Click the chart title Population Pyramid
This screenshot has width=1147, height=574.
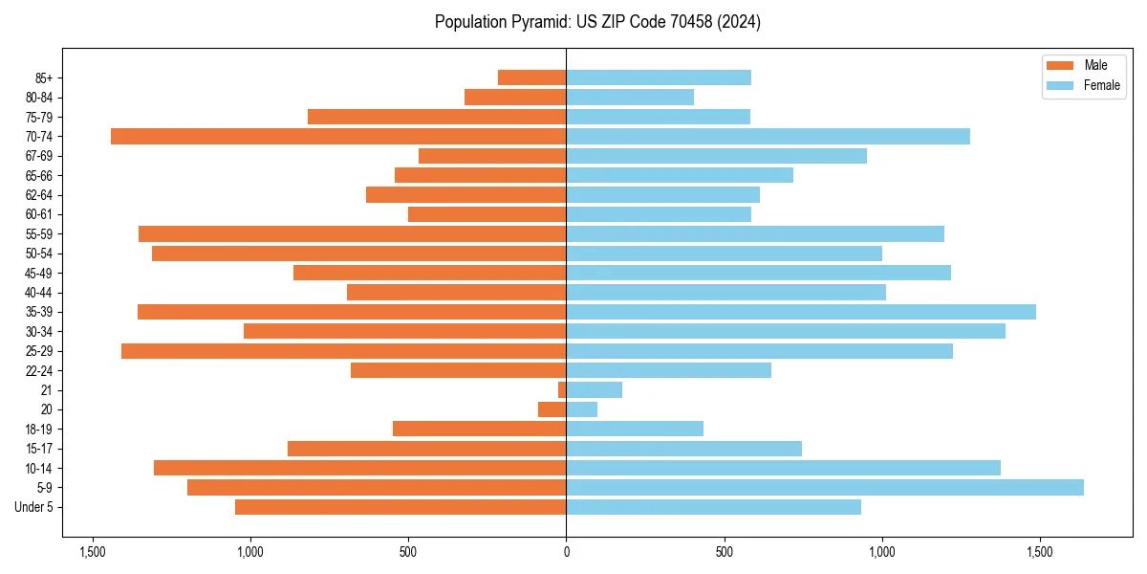click(x=597, y=22)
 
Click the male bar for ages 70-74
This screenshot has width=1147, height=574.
click(x=338, y=137)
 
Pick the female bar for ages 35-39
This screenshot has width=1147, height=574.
click(x=801, y=312)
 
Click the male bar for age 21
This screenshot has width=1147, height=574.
click(x=562, y=390)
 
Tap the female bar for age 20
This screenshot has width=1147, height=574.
click(x=582, y=409)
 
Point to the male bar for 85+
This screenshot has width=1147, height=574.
click(x=532, y=77)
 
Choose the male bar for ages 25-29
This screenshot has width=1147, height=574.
click(x=344, y=351)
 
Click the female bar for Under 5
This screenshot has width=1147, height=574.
click(x=714, y=507)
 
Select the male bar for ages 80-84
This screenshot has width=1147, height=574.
click(x=515, y=98)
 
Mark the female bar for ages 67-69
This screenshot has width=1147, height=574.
click(x=717, y=156)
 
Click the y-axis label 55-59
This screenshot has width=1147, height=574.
click(x=39, y=234)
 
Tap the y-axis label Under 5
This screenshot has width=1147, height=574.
click(x=34, y=507)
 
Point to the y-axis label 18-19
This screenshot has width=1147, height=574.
click(x=39, y=430)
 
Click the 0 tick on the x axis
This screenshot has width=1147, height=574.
click(x=566, y=552)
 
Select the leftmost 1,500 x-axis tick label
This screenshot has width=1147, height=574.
click(x=92, y=552)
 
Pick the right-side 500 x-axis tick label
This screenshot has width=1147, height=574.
click(x=724, y=552)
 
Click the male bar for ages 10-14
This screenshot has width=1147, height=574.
click(x=360, y=468)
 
